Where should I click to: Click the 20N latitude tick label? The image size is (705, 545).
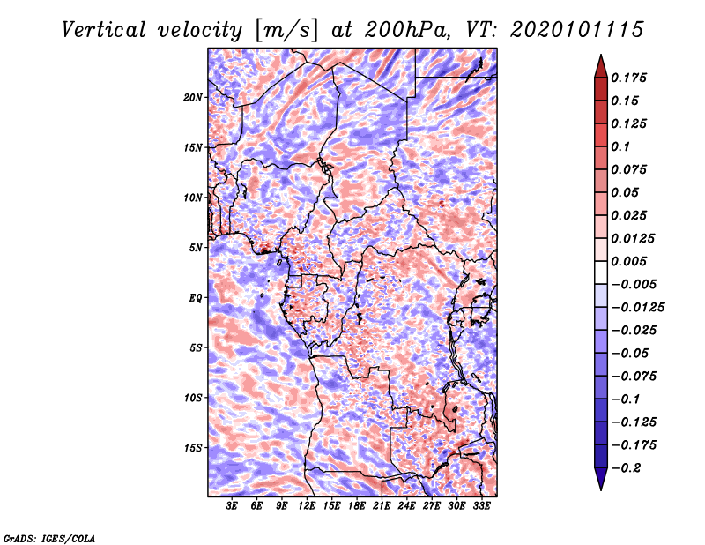[193, 97]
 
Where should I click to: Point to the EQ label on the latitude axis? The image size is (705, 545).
[195, 297]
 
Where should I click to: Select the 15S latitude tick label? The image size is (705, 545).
[193, 447]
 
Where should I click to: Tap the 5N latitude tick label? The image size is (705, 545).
[195, 248]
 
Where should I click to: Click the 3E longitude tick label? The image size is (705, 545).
[233, 506]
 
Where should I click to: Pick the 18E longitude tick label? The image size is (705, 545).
[357, 506]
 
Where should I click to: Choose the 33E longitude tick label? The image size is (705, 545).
[481, 506]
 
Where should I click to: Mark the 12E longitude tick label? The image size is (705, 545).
[307, 506]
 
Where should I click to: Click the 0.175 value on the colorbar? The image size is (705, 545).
[631, 78]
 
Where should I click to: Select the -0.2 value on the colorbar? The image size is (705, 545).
[627, 467]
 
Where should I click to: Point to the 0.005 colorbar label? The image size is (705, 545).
[631, 261]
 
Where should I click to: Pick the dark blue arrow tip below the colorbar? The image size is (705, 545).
[600, 483]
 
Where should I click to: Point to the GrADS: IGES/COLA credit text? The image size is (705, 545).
[49, 537]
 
